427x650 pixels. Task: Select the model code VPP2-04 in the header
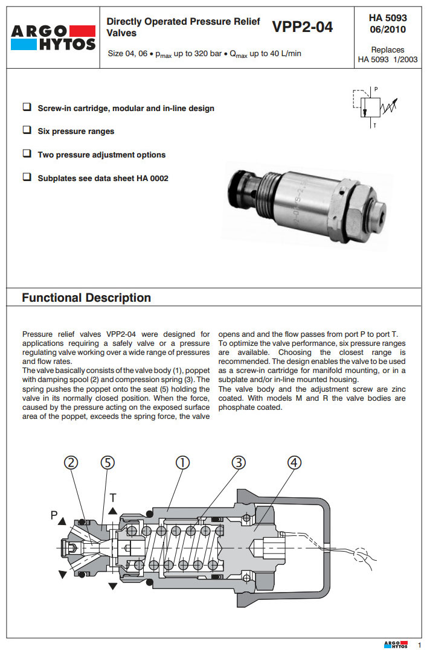point(302,27)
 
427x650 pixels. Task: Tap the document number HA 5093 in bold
point(388,18)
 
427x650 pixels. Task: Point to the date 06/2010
point(388,29)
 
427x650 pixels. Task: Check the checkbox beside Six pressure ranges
point(27,130)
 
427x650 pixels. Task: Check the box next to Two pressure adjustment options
point(27,154)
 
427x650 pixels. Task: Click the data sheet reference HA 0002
point(151,178)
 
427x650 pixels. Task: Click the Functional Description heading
point(86,298)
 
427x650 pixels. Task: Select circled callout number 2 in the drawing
point(72,462)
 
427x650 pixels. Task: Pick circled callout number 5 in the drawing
point(108,462)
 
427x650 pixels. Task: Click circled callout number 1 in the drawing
point(182,462)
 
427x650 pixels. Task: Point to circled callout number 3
point(239,462)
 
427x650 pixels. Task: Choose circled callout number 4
point(294,462)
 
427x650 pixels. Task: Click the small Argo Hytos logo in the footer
point(396,644)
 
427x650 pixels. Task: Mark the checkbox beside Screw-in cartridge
point(27,107)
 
